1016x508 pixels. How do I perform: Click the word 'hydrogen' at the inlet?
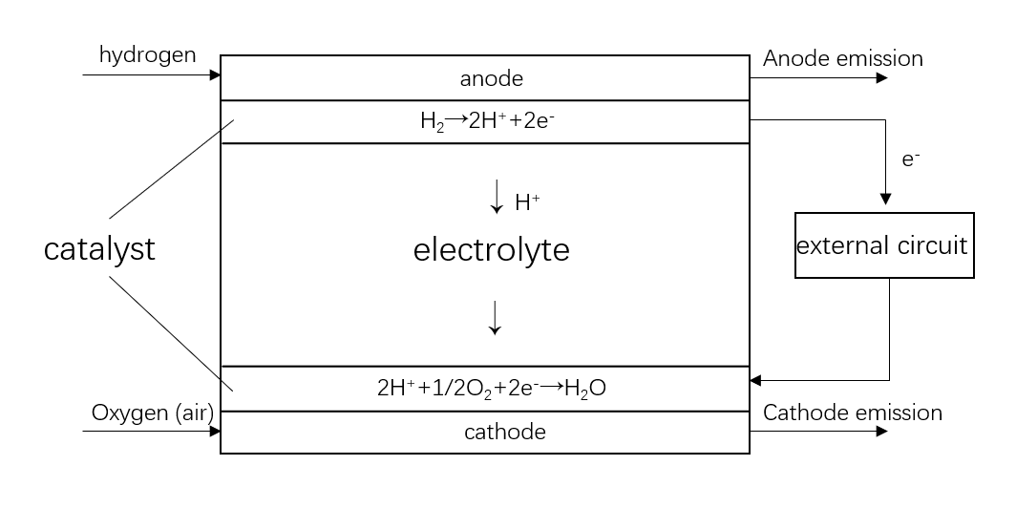[x=147, y=54]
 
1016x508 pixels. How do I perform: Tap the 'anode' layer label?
[x=492, y=78]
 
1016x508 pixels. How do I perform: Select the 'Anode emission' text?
[x=843, y=58]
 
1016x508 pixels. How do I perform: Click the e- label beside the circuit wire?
[x=911, y=159]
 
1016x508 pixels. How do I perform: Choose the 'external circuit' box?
[x=884, y=245]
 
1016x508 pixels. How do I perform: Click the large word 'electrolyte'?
[x=491, y=250]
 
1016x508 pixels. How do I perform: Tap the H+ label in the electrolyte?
[x=527, y=201]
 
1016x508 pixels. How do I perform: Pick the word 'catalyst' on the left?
[x=99, y=250]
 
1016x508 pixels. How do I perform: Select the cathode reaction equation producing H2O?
[x=493, y=389]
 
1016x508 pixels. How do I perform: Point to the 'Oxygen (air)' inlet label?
[x=152, y=413]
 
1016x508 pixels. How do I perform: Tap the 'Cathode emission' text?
[x=853, y=413]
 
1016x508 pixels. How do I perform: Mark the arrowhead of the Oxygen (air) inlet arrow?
[x=215, y=431]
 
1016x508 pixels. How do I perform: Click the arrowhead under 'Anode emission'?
[x=881, y=78]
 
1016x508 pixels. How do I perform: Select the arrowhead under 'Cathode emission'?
[x=881, y=432]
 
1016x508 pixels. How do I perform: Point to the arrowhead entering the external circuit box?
[x=885, y=200]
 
